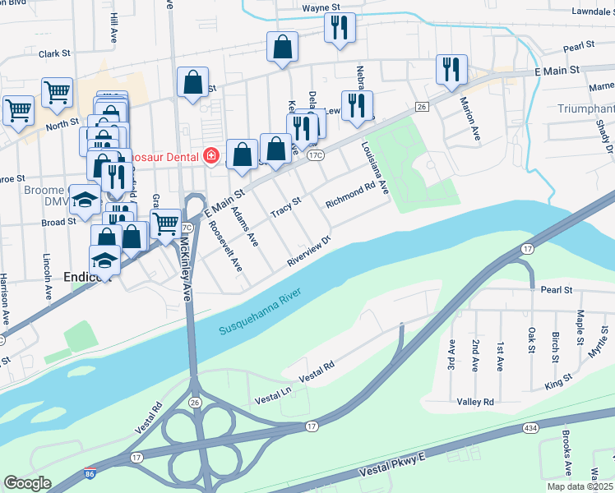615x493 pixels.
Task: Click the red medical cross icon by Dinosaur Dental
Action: (210, 154)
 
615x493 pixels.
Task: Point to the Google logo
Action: (27, 482)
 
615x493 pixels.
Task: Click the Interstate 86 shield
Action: (89, 474)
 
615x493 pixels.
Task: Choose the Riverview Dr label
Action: (308, 251)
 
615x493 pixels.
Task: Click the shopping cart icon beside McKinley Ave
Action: (166, 223)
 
